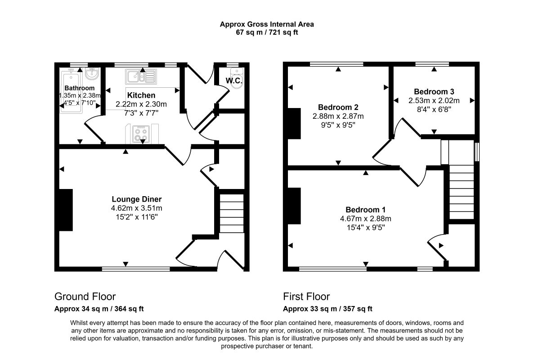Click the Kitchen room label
tap(141, 95)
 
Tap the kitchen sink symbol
tap(141, 76)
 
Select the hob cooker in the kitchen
tap(141, 134)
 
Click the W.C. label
tap(233, 81)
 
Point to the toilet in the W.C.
tap(236, 78)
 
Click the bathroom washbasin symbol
tap(92, 74)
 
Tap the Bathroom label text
tap(79, 88)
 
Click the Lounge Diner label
tap(137, 199)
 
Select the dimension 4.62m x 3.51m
tap(137, 208)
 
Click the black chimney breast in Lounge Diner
tap(66, 210)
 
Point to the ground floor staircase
tap(232, 213)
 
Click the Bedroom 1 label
tap(365, 210)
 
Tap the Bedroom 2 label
tap(338, 108)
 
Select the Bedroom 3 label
tap(434, 92)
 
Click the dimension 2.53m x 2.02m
tap(434, 100)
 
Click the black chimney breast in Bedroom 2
tap(294, 123)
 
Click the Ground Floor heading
tap(85, 297)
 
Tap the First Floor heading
tap(306, 297)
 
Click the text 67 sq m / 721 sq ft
tap(267, 33)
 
